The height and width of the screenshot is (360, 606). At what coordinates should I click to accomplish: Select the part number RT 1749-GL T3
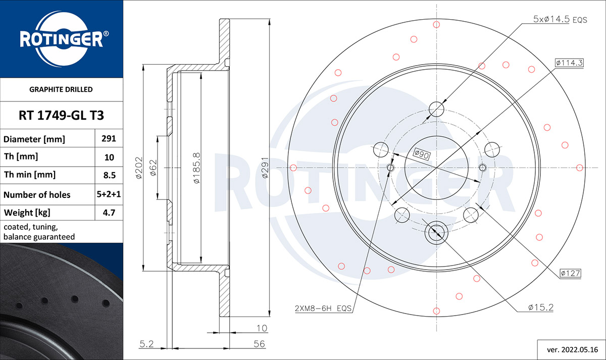(61, 115)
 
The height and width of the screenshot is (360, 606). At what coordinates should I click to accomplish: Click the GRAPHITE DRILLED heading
(61, 89)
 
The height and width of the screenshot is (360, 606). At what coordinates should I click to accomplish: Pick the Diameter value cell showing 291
(109, 138)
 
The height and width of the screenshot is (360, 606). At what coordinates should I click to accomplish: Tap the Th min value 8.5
(109, 175)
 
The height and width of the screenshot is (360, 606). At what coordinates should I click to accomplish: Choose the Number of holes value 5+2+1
(109, 194)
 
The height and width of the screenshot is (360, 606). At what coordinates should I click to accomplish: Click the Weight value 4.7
(109, 213)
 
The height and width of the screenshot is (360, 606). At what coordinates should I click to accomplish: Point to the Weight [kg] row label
(27, 213)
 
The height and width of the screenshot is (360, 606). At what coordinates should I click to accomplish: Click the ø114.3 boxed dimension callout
(569, 63)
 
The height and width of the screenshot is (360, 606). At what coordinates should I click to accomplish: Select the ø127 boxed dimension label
(570, 273)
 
